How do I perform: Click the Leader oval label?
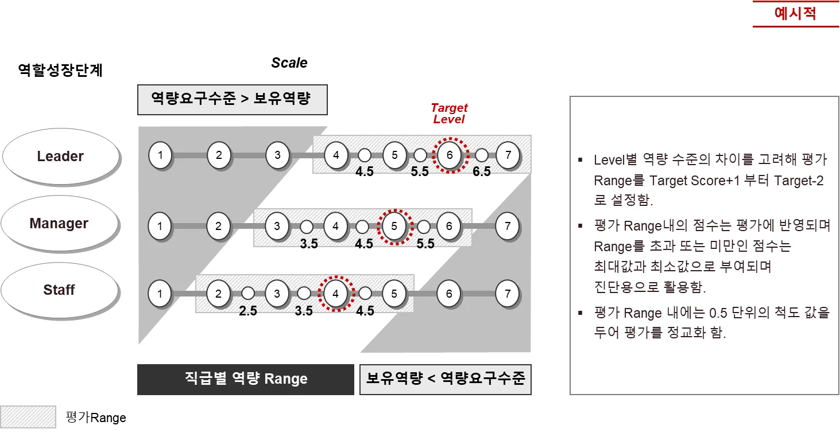click(60, 156)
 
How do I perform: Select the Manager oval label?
click(59, 223)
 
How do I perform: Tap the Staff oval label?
click(59, 290)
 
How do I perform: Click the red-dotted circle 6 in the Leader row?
click(450, 155)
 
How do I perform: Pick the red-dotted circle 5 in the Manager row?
click(394, 226)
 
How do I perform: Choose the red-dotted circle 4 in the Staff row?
click(336, 294)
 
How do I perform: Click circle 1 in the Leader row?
click(160, 155)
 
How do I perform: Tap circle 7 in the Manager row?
click(508, 226)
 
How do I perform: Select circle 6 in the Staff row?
click(449, 294)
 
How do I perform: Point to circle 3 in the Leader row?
click(277, 155)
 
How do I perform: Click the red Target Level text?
click(449, 113)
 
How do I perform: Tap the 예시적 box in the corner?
click(795, 14)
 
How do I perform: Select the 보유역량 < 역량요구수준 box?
click(446, 379)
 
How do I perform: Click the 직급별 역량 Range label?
click(246, 379)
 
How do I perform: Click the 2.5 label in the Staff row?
click(248, 310)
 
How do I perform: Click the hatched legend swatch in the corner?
click(29, 417)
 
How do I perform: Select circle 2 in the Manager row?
click(219, 226)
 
